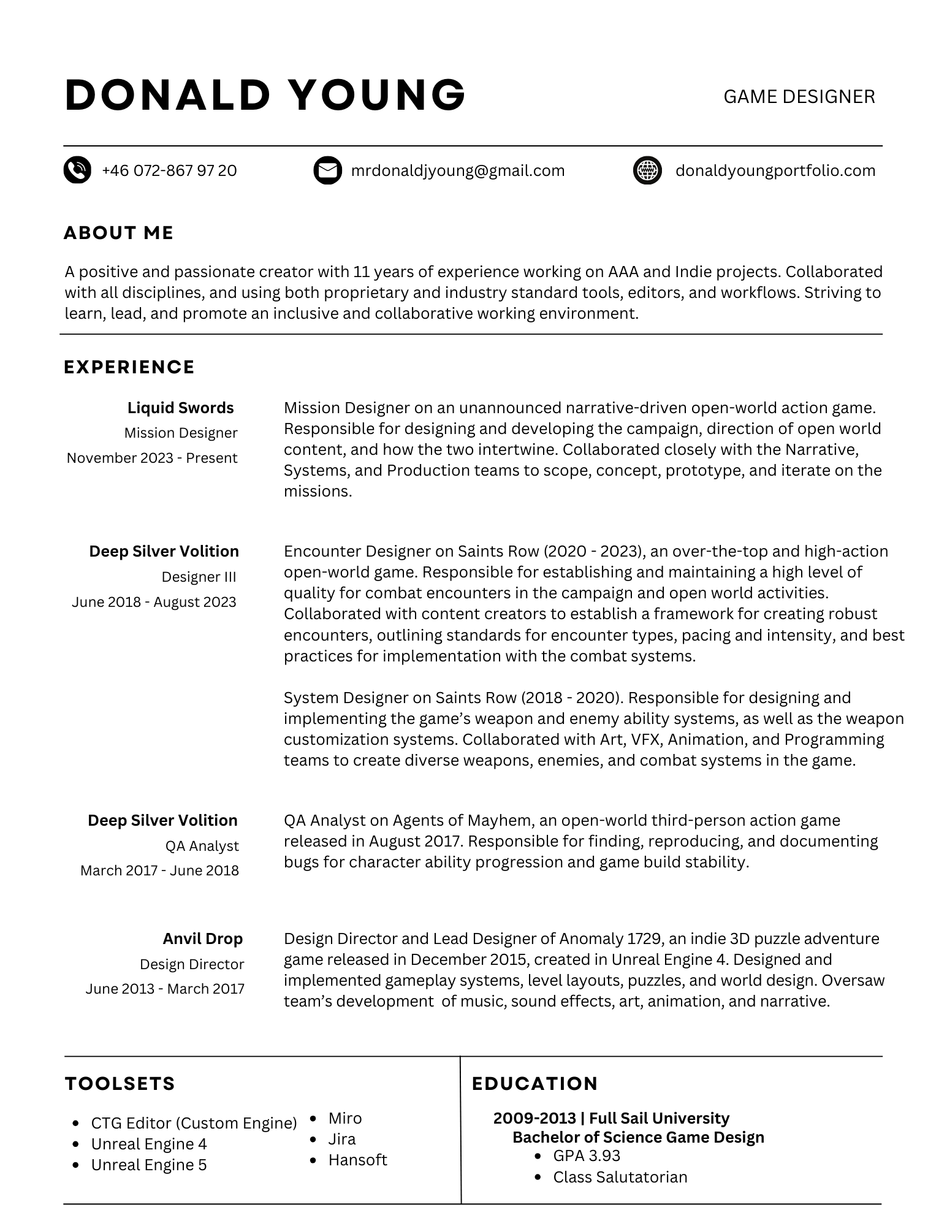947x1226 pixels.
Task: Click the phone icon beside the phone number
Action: [x=77, y=170]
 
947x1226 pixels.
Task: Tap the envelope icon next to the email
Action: [x=327, y=170]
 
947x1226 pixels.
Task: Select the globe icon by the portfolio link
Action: [x=647, y=170]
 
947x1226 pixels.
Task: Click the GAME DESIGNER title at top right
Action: [x=799, y=97]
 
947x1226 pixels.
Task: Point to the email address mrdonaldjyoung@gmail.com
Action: [x=458, y=170]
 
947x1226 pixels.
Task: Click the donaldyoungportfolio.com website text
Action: [x=775, y=170]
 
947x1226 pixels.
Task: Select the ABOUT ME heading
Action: [x=119, y=233]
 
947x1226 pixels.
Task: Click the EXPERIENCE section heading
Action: [x=129, y=367]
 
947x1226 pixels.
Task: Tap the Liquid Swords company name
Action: [x=181, y=408]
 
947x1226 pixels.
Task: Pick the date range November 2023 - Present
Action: [x=152, y=458]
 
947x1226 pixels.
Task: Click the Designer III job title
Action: [x=199, y=577]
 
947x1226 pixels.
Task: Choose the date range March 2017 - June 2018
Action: [x=159, y=870]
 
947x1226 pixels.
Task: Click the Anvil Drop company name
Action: [x=203, y=939]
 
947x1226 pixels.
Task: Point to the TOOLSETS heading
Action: [x=120, y=1084]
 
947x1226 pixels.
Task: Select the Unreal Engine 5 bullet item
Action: [x=149, y=1165]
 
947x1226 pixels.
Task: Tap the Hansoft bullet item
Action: [x=358, y=1160]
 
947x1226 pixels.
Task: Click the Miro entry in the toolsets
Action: [x=345, y=1118]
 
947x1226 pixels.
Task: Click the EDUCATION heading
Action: [x=535, y=1084]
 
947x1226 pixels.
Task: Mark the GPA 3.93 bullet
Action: [x=587, y=1156]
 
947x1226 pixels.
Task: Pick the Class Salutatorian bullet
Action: [x=620, y=1177]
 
